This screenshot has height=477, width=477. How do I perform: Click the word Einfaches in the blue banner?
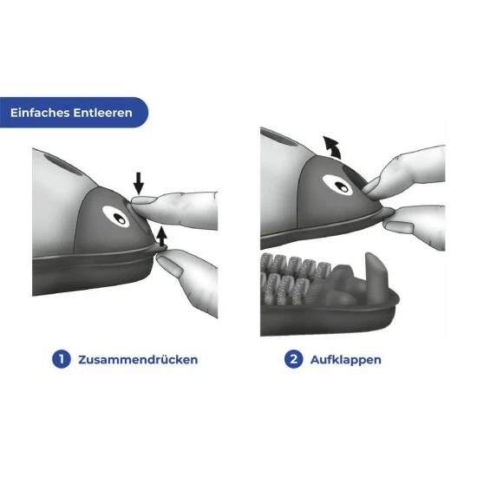(40, 113)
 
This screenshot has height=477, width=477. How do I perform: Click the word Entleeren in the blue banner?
(103, 113)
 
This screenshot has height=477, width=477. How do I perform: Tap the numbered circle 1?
(62, 359)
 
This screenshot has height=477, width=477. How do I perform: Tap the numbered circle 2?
(293, 359)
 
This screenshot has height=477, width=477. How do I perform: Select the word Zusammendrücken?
(138, 360)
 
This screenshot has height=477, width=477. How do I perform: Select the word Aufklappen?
(345, 360)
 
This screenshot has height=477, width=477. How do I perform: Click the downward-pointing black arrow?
(139, 183)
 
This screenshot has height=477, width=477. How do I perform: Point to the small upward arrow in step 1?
(162, 236)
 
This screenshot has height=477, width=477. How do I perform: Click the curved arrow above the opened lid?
(332, 147)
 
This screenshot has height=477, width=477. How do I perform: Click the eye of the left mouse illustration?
(116, 217)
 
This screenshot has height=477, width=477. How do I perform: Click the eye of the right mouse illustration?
(337, 185)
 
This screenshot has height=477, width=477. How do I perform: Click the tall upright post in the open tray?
(376, 278)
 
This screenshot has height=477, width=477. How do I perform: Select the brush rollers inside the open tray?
(292, 278)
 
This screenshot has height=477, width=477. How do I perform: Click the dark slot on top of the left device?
(63, 165)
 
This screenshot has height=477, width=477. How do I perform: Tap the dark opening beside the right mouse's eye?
(356, 176)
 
